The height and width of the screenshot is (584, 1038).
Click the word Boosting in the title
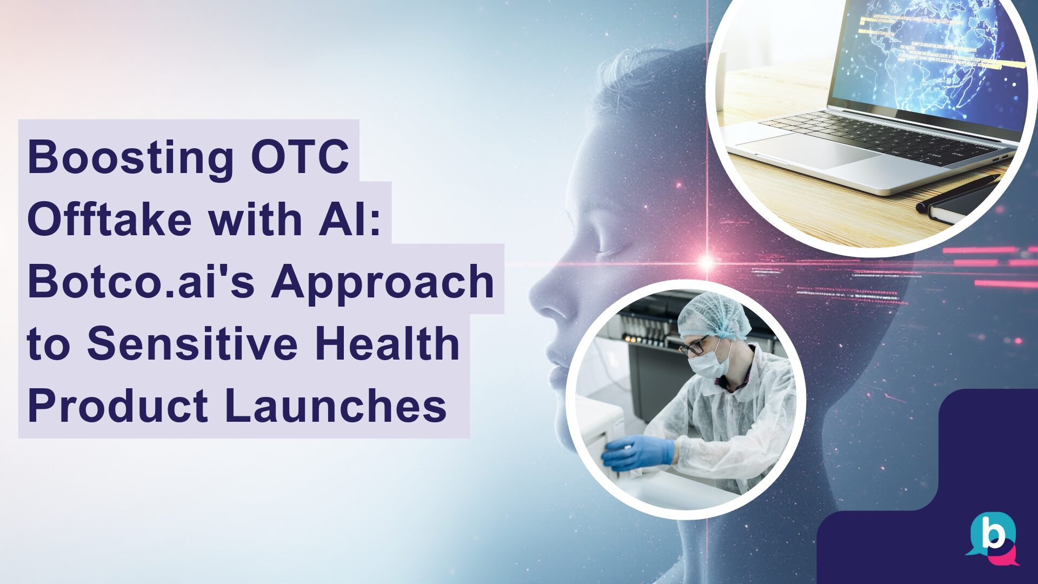[x=130, y=157]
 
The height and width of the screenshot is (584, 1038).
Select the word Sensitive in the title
[x=192, y=344]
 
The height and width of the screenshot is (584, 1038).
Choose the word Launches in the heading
[x=336, y=406]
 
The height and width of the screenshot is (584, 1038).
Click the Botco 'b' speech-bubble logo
[x=993, y=539]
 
